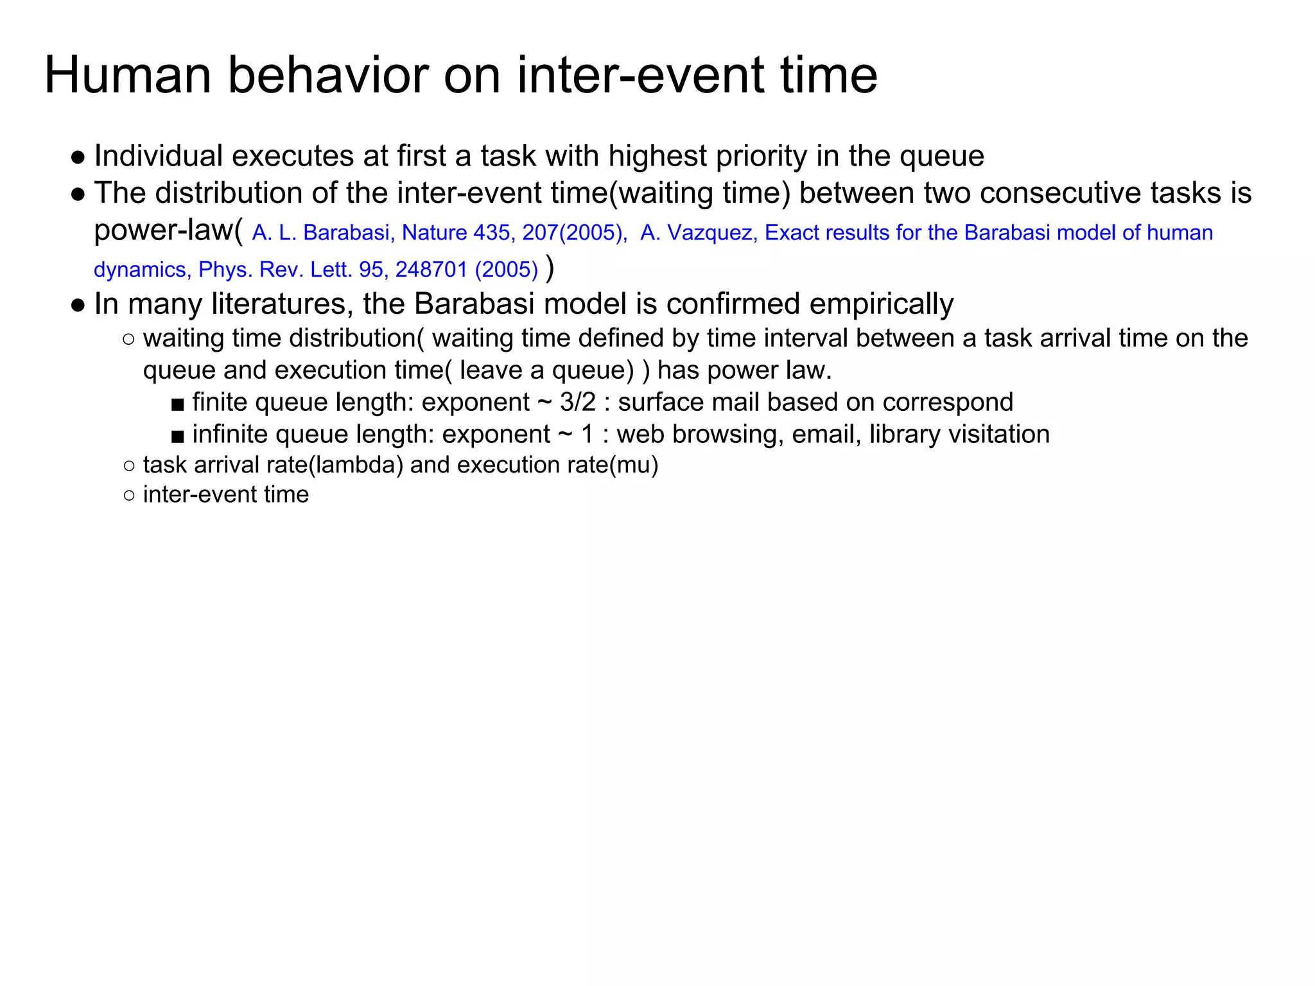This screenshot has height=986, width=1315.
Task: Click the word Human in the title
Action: click(x=127, y=76)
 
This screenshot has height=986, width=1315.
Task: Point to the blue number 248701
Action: click(x=431, y=270)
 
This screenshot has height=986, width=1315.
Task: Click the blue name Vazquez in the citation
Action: click(x=713, y=232)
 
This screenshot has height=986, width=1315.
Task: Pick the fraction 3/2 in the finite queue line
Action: click(x=578, y=402)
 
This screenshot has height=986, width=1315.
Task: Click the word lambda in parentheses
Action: click(x=356, y=465)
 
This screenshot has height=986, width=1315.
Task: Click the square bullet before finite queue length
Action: click(x=178, y=404)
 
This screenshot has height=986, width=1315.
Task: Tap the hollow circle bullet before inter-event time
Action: click(x=129, y=496)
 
